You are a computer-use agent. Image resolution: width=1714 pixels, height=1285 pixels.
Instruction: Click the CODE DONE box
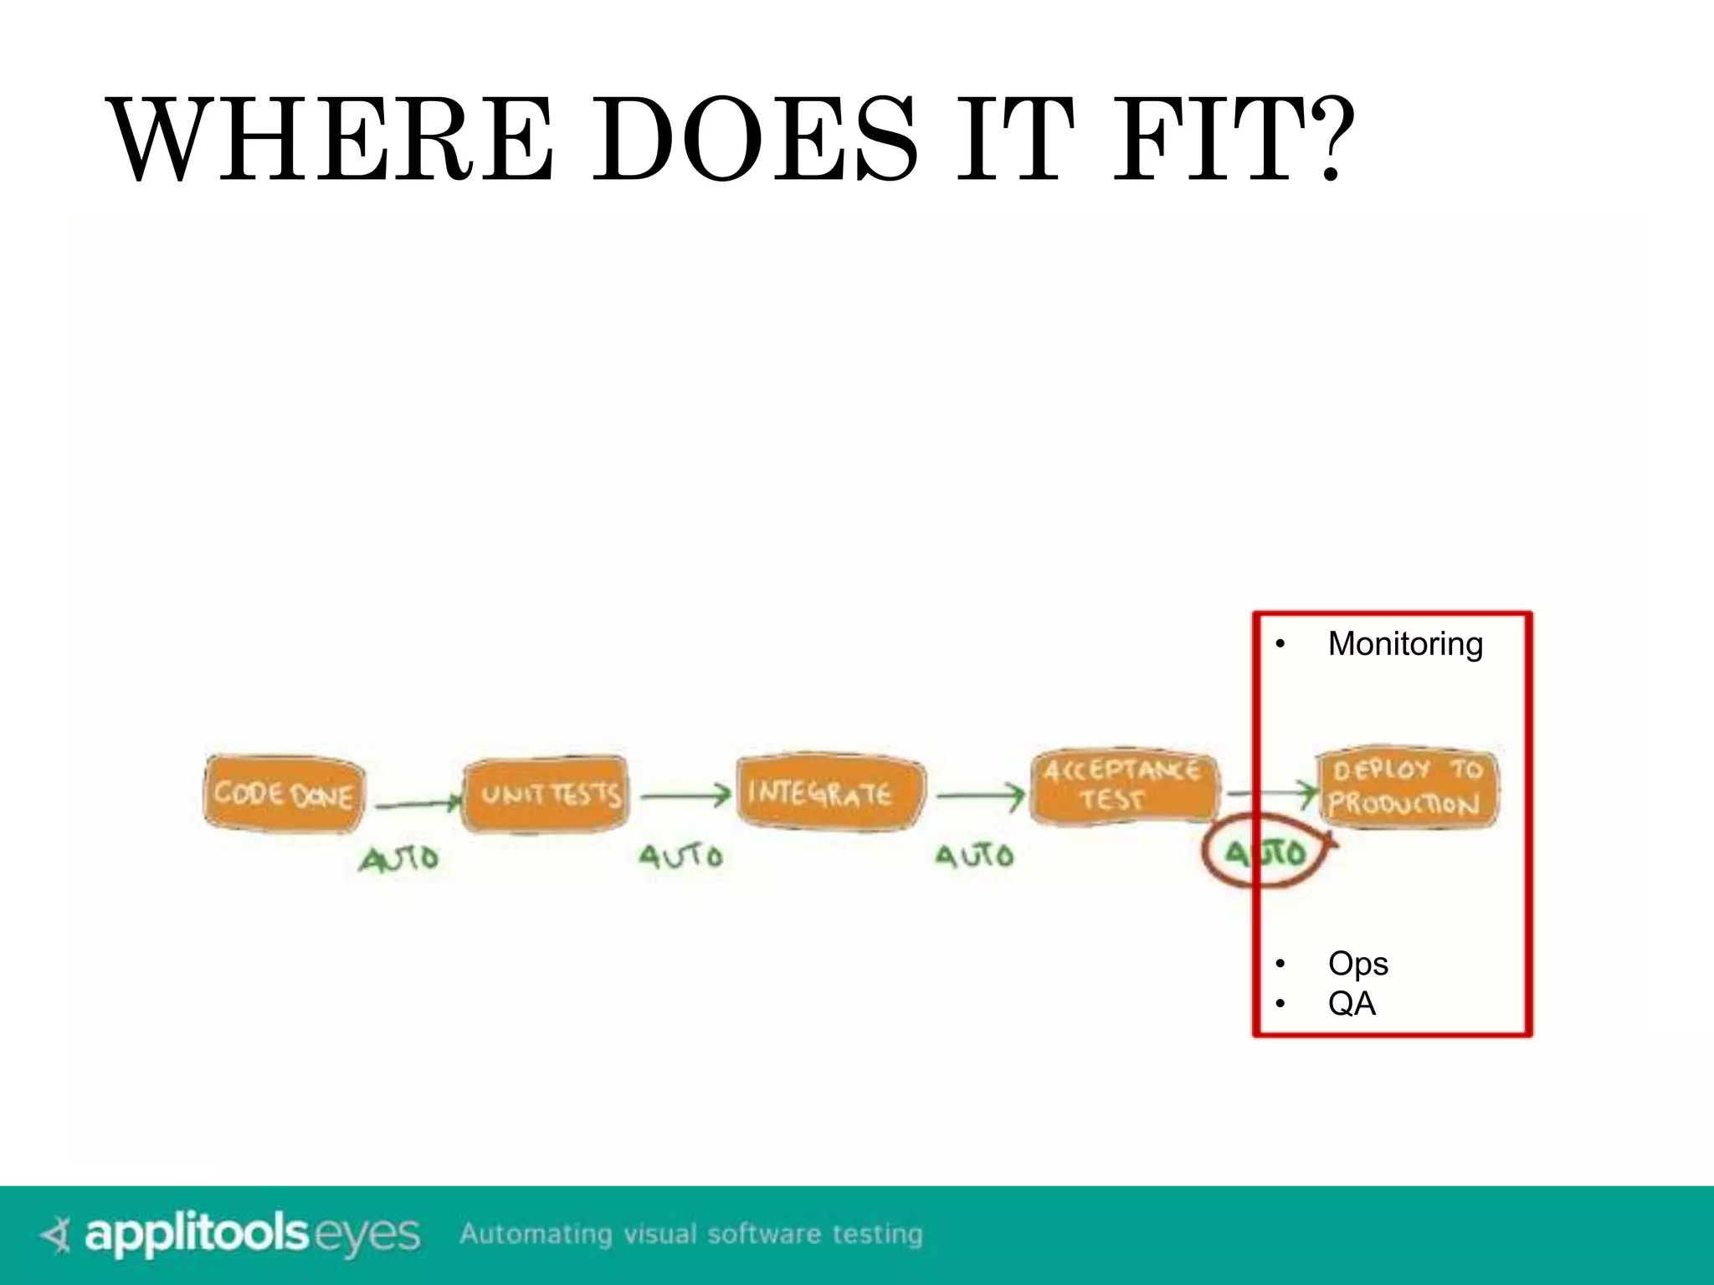[x=284, y=793]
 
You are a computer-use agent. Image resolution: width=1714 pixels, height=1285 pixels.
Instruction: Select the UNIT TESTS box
[x=546, y=795]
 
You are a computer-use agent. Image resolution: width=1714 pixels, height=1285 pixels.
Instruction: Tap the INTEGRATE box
[x=829, y=791]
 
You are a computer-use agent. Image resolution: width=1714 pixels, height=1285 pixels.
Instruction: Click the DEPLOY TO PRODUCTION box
[x=1408, y=788]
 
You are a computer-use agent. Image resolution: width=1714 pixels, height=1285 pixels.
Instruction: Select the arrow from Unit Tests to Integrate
[x=685, y=796]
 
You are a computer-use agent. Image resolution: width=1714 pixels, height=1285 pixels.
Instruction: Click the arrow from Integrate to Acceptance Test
[x=980, y=796]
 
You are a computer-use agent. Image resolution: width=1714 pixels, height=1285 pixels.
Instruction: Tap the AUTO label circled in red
[x=1265, y=853]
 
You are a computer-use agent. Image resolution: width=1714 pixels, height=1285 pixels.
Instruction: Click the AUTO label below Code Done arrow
[x=399, y=859]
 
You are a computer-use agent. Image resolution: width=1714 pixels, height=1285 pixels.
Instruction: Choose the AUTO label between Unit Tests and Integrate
[x=680, y=857]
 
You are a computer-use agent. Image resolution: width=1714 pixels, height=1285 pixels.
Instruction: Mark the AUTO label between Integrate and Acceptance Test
[x=974, y=856]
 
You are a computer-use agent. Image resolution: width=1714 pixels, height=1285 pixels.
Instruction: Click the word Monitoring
[x=1405, y=644]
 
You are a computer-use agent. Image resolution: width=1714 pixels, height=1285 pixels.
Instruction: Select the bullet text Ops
[x=1357, y=964]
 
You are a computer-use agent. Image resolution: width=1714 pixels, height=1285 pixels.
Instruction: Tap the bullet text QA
[x=1352, y=1003]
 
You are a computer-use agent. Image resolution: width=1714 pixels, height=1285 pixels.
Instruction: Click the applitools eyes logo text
[x=252, y=1234]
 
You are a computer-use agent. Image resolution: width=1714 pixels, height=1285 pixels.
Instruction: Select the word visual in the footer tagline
[x=659, y=1234]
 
